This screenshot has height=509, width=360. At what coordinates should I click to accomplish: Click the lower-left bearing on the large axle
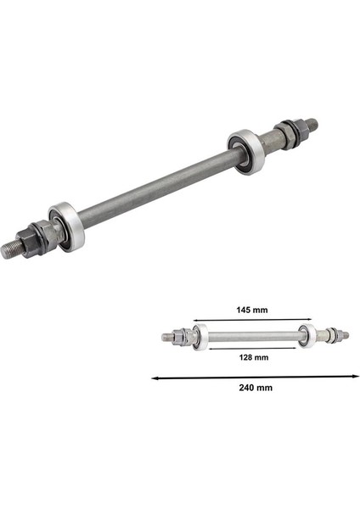click(x=66, y=227)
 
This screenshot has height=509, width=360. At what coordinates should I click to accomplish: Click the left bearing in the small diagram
click(x=200, y=336)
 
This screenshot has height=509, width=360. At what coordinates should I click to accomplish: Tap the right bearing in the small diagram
click(x=308, y=335)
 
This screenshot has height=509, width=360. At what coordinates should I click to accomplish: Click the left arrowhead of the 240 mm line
click(x=155, y=376)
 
